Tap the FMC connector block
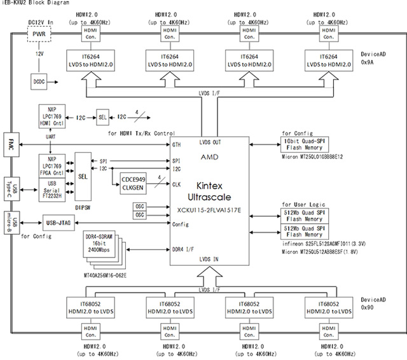coord(11,142)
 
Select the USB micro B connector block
coord(10,225)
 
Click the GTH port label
coord(176,145)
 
